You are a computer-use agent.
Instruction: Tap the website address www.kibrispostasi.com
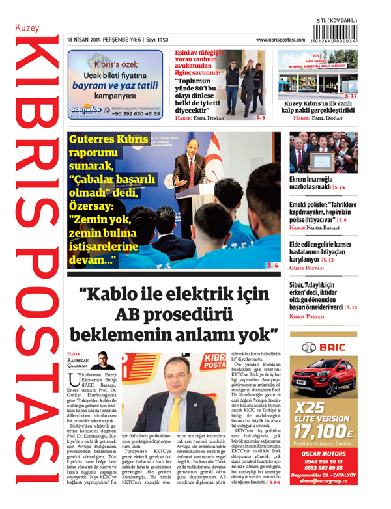(281, 40)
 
